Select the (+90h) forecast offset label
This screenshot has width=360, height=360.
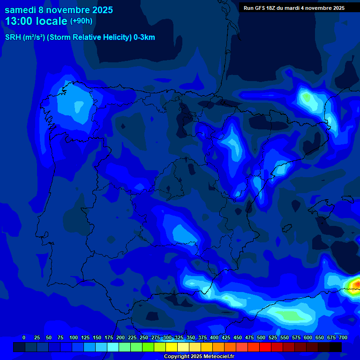[81, 21]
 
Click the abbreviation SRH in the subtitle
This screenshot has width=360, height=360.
[13, 37]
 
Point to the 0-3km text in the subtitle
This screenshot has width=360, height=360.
[144, 37]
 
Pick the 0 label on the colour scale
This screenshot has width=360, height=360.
[24, 337]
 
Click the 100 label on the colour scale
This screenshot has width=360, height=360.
[74, 337]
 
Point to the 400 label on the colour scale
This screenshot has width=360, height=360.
[214, 337]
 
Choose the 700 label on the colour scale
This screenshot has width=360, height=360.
[343, 337]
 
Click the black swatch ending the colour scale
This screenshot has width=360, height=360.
[336, 347]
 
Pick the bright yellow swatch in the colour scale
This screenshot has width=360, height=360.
[172, 347]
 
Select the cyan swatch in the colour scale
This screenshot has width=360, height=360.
[113, 347]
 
